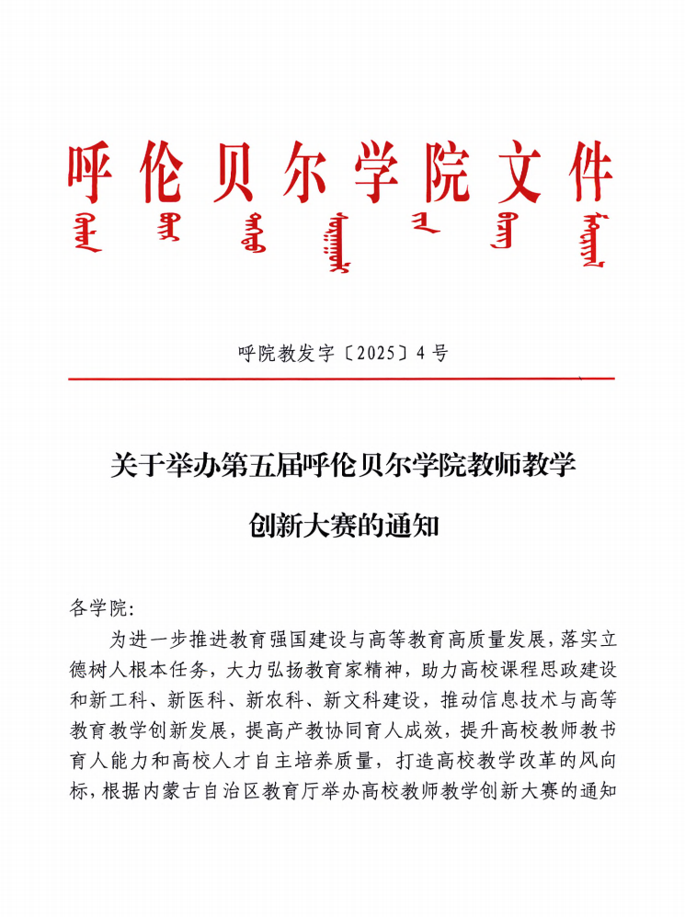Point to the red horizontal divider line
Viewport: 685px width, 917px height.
(x=341, y=378)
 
